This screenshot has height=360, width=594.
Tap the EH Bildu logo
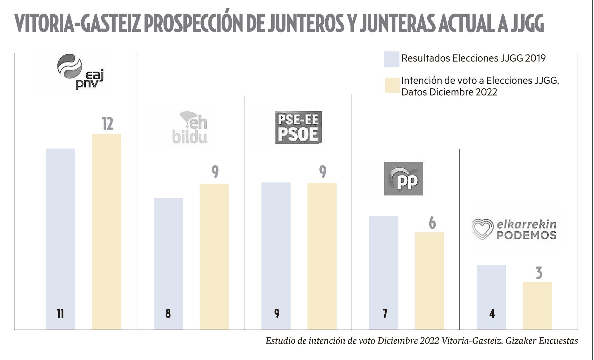190,127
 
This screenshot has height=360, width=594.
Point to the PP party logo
404,178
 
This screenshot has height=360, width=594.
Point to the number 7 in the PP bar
385,314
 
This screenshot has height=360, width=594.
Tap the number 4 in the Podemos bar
492,314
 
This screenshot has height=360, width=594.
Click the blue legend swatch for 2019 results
391,59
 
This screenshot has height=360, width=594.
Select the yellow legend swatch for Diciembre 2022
392,86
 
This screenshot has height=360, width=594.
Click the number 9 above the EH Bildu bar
215,172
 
